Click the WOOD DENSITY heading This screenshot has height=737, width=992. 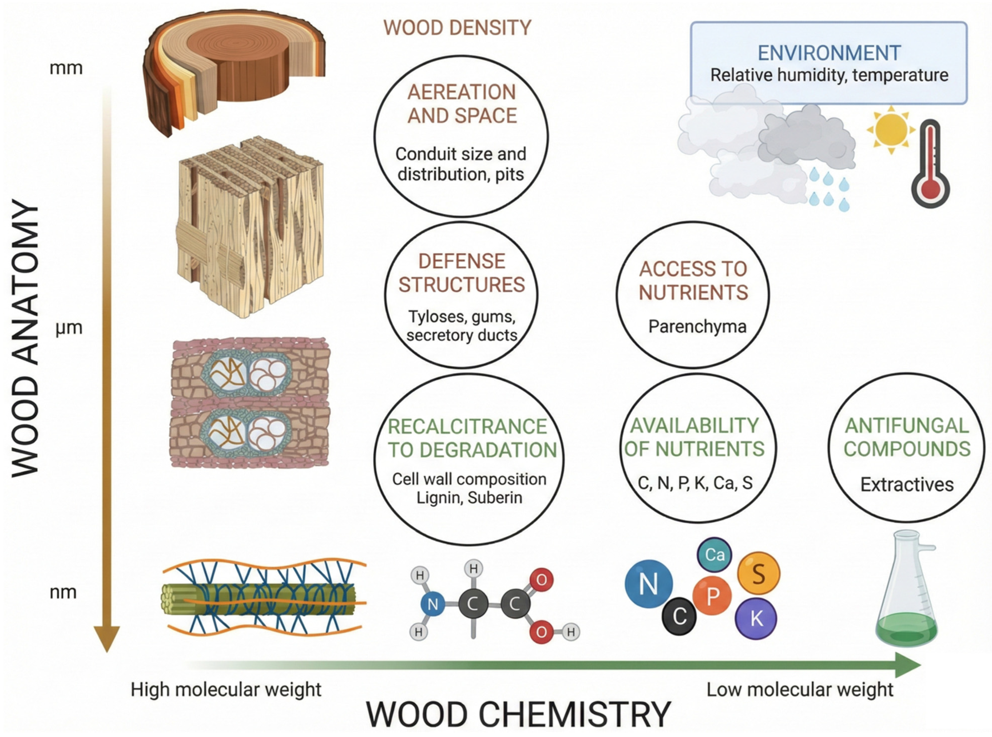click(x=457, y=28)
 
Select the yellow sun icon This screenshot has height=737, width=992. click(x=891, y=130)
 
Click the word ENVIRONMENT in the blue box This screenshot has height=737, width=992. click(x=829, y=53)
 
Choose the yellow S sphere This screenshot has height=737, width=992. click(x=758, y=574)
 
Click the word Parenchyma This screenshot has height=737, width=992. click(x=697, y=327)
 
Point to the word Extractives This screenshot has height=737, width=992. click(x=907, y=484)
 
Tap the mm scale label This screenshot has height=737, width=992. click(x=66, y=68)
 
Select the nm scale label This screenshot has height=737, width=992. click(x=63, y=592)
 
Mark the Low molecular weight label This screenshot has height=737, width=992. click(x=800, y=690)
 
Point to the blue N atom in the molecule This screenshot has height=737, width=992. click(x=432, y=604)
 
